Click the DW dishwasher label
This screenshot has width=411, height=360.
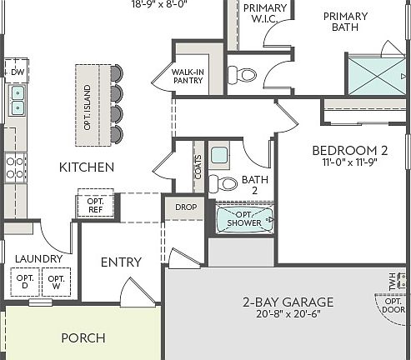click(x=16, y=72)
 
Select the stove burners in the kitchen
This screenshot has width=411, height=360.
click(x=16, y=167)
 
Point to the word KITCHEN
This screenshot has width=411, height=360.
click(x=86, y=167)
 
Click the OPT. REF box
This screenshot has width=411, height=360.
click(x=95, y=205)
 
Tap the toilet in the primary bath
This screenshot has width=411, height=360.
click(x=243, y=75)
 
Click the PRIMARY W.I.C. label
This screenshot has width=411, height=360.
click(x=265, y=13)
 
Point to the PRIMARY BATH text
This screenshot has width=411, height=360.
click(x=345, y=22)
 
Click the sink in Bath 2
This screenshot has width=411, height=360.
click(x=220, y=154)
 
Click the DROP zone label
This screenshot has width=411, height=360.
click(x=184, y=207)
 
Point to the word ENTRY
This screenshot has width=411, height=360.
click(x=121, y=262)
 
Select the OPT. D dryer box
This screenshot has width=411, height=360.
click(x=25, y=282)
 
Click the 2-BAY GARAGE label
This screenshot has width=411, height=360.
click(x=288, y=302)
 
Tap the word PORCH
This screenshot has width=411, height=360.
click(x=83, y=337)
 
